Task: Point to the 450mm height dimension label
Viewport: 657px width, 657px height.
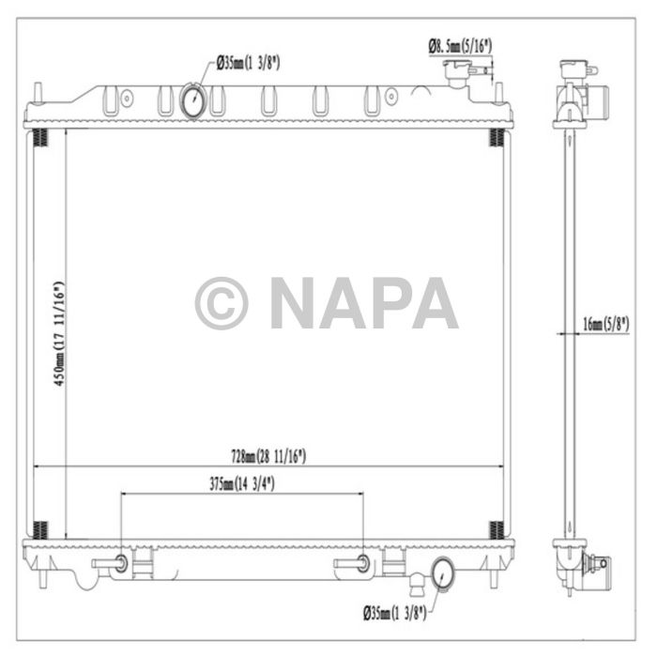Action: [57, 333]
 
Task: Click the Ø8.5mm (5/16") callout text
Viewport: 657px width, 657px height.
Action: [461, 43]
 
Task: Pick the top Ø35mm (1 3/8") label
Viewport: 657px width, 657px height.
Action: [249, 63]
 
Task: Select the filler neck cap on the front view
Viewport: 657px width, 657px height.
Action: [459, 70]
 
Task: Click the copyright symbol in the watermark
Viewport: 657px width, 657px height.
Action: [222, 303]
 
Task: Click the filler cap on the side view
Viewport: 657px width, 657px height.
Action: [573, 70]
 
